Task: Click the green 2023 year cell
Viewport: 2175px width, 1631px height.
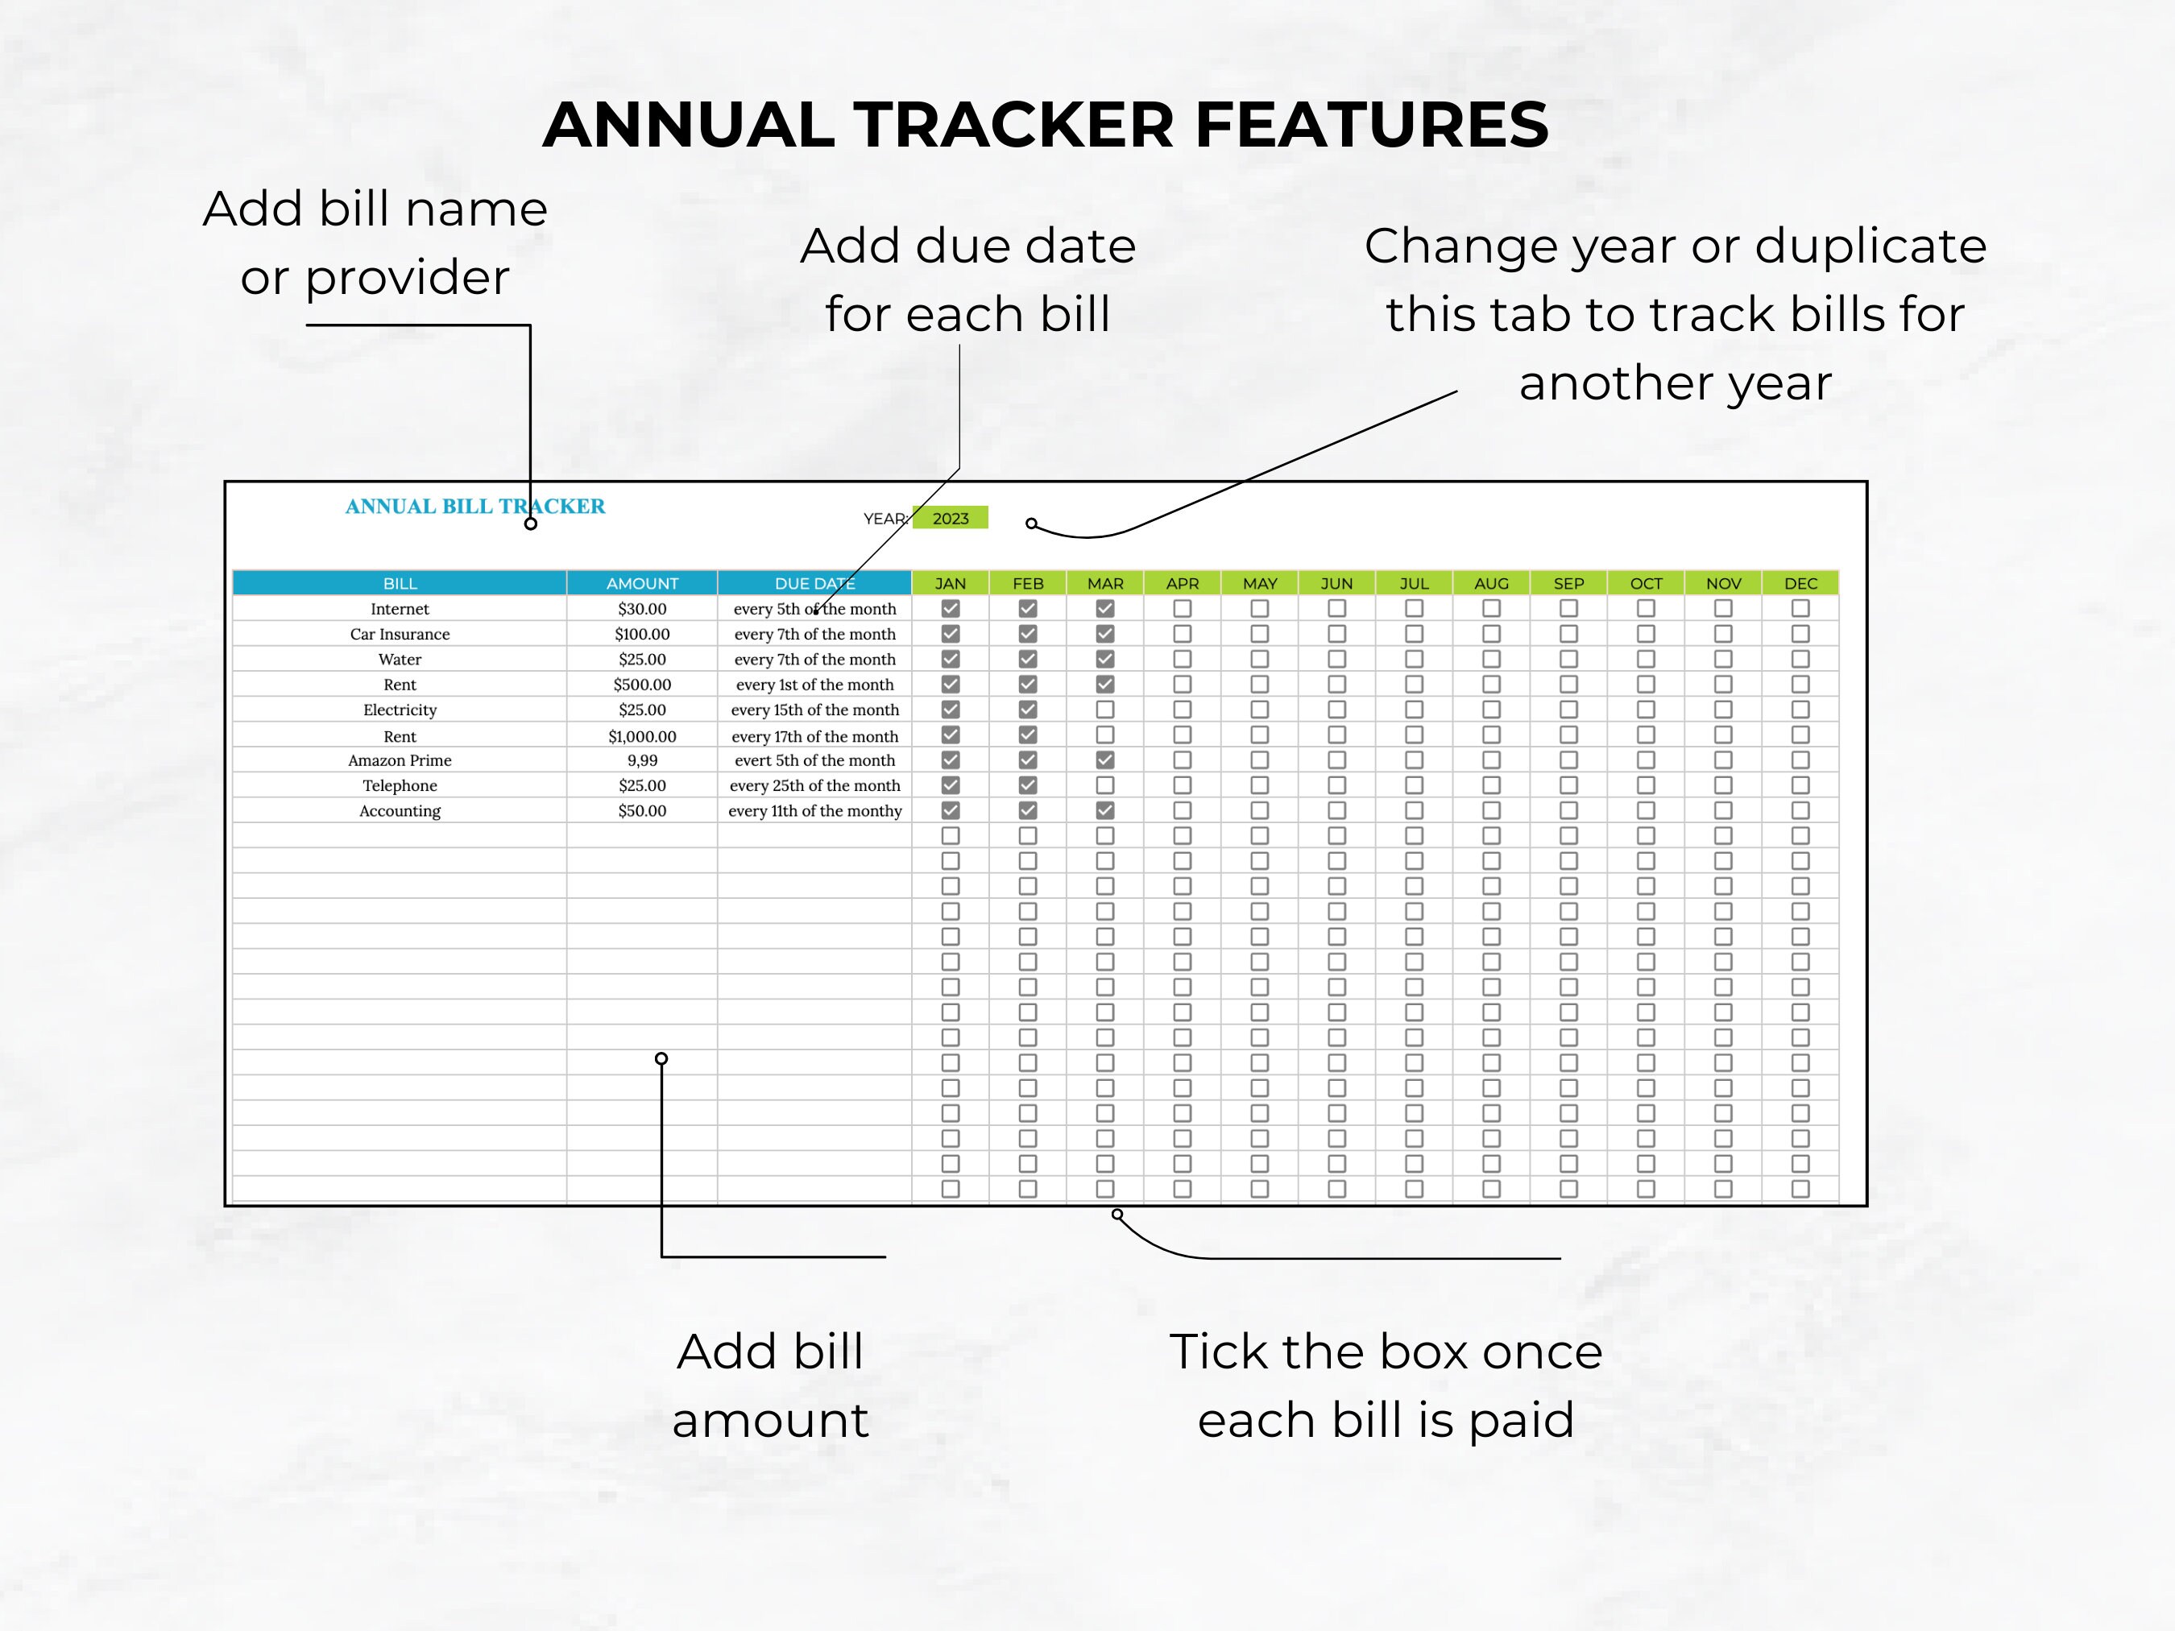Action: point(950,518)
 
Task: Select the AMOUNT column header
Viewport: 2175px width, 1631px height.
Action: point(642,583)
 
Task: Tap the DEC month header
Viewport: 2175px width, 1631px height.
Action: point(1800,583)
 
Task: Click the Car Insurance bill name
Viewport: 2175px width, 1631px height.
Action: point(400,634)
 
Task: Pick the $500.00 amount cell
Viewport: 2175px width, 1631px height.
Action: point(642,685)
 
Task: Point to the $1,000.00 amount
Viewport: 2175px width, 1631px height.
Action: point(642,736)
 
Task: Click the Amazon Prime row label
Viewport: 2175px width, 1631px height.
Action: point(400,760)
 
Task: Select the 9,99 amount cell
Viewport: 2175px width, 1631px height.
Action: point(642,760)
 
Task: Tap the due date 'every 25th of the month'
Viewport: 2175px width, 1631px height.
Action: point(814,785)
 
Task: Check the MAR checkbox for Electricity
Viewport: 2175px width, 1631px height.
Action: point(1105,709)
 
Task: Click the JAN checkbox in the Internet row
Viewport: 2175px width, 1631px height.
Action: point(951,609)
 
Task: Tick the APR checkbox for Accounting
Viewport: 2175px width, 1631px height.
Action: point(1182,810)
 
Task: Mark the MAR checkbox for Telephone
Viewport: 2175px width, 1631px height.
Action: point(1105,785)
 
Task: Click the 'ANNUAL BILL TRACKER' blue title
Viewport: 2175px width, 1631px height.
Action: point(475,507)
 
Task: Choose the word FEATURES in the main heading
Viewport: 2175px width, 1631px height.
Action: point(1372,125)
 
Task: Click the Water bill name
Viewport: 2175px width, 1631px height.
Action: point(400,660)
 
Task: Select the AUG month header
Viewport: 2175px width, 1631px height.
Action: point(1490,583)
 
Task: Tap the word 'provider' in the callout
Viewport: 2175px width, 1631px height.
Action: point(407,278)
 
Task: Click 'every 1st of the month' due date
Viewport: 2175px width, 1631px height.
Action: point(814,685)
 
